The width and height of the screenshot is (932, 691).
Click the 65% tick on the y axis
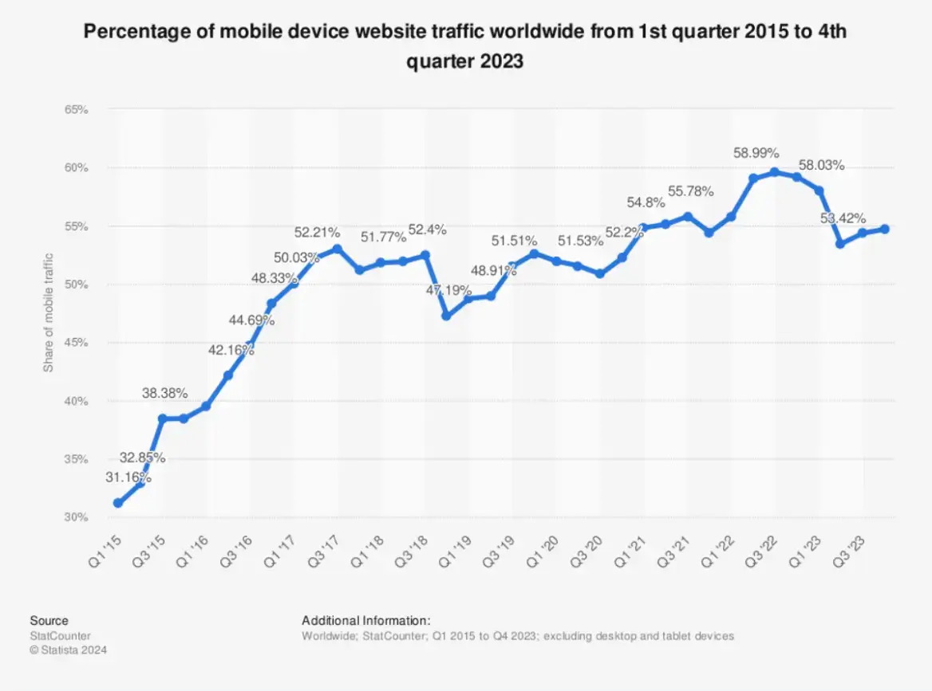[76, 109]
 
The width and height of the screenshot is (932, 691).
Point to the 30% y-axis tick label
[76, 517]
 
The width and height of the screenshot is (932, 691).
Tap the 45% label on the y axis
[76, 343]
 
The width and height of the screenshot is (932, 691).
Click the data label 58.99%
[756, 153]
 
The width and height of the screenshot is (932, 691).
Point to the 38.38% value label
[164, 393]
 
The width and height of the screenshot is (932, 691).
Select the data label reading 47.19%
[448, 291]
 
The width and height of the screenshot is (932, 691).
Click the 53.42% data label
[843, 218]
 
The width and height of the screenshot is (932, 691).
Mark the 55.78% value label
[690, 191]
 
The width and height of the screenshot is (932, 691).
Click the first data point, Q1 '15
[118, 503]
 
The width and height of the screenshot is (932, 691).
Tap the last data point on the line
[884, 230]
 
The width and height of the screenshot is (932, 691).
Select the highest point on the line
[774, 172]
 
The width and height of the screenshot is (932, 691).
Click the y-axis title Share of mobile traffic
[49, 312]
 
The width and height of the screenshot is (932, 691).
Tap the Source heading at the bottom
[49, 620]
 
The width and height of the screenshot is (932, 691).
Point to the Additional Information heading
[365, 620]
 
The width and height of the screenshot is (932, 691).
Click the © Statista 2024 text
[68, 650]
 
